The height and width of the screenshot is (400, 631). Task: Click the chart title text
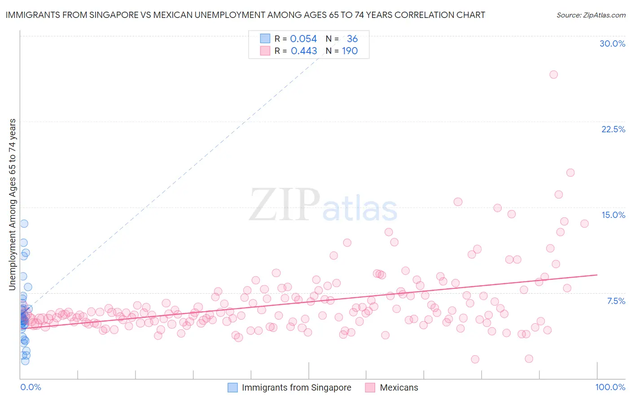coord(245,15)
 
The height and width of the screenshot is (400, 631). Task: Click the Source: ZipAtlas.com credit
coord(591,15)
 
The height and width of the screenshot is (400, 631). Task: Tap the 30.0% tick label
coord(612,43)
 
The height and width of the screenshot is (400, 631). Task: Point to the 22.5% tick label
coord(613,129)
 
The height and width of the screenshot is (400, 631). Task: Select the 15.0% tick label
coord(613,215)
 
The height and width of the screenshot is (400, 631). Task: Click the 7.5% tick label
coord(616,301)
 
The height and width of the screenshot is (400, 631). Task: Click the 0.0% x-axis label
coord(31,387)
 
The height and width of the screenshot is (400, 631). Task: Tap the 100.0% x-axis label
coord(610,387)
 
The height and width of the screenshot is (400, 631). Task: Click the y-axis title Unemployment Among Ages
coord(13,204)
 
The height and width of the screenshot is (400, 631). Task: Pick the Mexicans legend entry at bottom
coord(399,387)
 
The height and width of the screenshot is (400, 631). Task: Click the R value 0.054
coord(303,39)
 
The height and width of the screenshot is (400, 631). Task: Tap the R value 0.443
coord(304,51)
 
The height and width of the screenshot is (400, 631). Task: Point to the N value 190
coord(350,51)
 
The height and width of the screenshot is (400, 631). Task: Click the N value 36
coord(352,39)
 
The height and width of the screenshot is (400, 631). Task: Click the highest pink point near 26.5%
coord(553,74)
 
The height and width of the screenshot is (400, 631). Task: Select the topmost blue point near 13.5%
coord(24,223)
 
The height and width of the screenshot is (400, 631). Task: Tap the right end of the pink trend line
coord(597,274)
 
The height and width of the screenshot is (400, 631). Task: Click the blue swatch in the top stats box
coord(265,39)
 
